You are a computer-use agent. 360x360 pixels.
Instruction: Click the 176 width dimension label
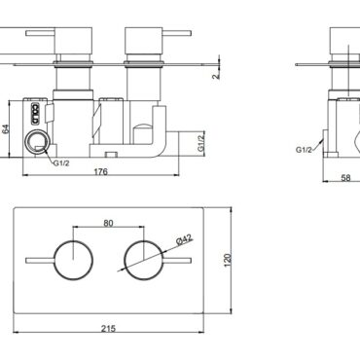(100, 171)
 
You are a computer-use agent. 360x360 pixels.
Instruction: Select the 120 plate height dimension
(228, 260)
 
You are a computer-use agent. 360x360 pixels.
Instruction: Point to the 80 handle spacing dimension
(108, 223)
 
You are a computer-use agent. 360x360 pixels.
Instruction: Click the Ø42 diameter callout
(184, 239)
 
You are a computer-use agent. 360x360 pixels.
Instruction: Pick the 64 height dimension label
(6, 129)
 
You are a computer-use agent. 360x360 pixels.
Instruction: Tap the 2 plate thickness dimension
(216, 76)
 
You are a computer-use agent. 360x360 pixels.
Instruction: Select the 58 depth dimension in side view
(346, 178)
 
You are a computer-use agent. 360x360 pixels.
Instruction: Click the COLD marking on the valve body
(35, 114)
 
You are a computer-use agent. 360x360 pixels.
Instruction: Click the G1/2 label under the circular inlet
(61, 163)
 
